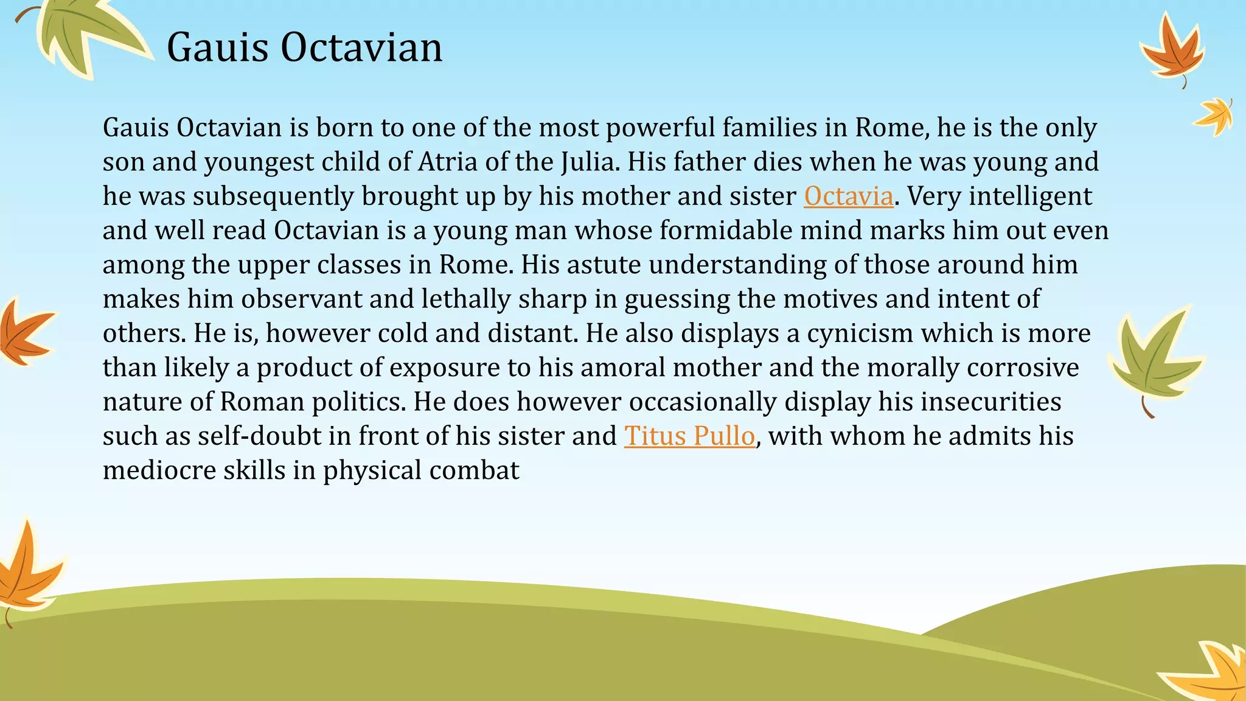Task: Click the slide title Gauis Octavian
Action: [x=304, y=47]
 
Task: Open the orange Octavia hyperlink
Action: [x=848, y=197]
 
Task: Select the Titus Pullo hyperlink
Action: [x=689, y=436]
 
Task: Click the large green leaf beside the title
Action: [x=85, y=33]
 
